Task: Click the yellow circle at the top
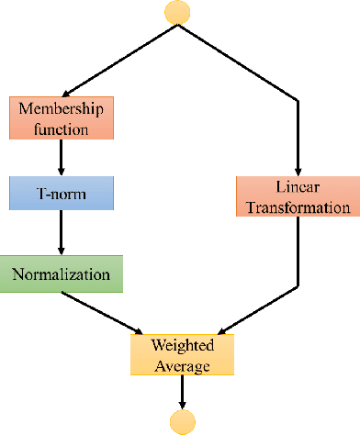pyautogui.click(x=179, y=12)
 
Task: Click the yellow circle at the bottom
pyautogui.click(x=182, y=421)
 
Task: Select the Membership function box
pyautogui.click(x=62, y=118)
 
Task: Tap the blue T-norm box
pyautogui.click(x=62, y=194)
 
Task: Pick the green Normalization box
pyautogui.click(x=62, y=273)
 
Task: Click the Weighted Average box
pyautogui.click(x=182, y=355)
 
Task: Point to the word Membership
pyautogui.click(x=62, y=109)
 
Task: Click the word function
pyautogui.click(x=62, y=129)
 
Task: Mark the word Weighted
pyautogui.click(x=182, y=345)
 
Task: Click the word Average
pyautogui.click(x=182, y=365)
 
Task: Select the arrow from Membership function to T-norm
pyautogui.click(x=62, y=156)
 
